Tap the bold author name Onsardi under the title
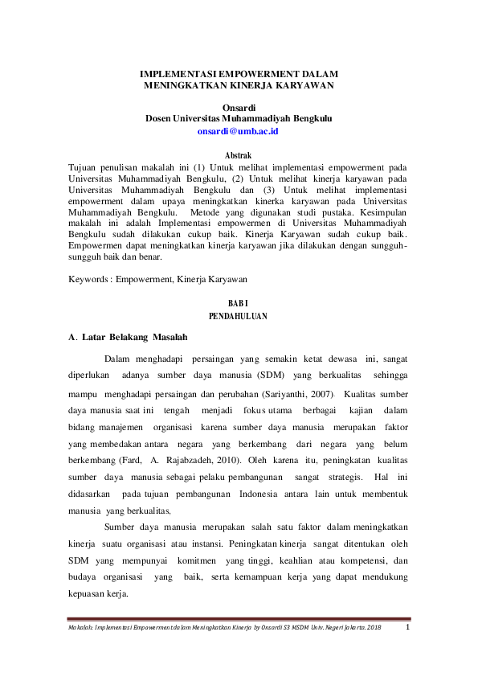coord(238,105)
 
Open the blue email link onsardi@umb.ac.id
coord(238,129)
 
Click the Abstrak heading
coord(238,154)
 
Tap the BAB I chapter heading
coord(238,302)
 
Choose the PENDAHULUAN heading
coord(238,317)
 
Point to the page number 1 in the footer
coord(407,627)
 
